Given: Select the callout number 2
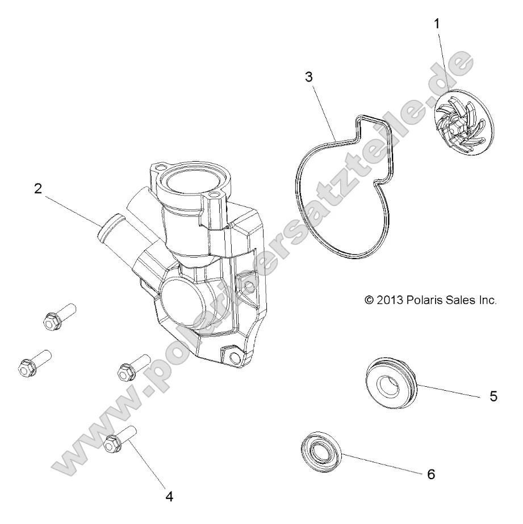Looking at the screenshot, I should pos(37,189).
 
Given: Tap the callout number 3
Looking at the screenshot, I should pos(308,78).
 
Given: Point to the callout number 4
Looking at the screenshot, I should pos(169,496).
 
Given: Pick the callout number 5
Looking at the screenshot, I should pos(493,396).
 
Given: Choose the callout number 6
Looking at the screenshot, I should pos(430,474).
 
